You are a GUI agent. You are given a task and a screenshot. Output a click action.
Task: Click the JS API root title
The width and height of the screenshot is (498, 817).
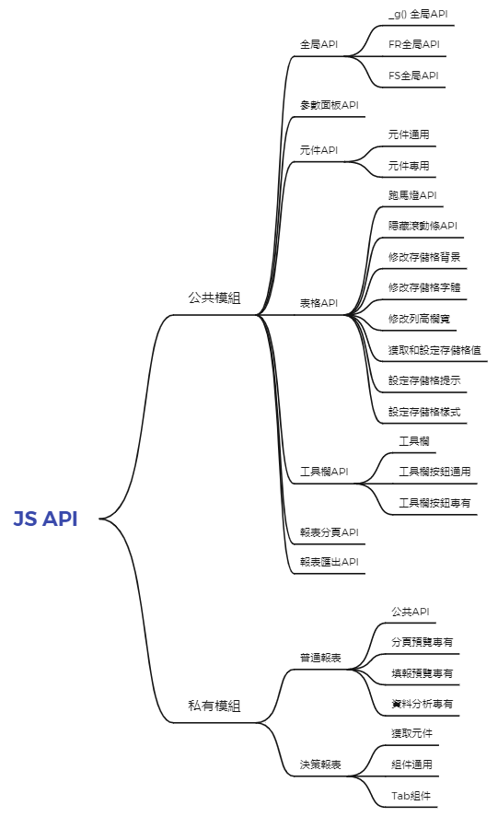(45, 519)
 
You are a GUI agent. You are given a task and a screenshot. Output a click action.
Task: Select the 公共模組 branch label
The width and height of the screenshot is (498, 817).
(214, 298)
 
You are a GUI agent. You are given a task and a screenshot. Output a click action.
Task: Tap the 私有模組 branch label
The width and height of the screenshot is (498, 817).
(214, 706)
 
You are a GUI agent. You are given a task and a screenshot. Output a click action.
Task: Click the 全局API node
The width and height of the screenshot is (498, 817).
(318, 44)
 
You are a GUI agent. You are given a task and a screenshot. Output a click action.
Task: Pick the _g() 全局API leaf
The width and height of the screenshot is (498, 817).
(418, 14)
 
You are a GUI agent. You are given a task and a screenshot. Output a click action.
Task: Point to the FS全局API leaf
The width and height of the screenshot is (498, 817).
(413, 76)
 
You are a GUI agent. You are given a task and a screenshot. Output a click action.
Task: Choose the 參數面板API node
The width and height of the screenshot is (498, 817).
(330, 105)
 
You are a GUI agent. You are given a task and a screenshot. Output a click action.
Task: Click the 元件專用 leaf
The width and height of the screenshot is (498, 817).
(409, 166)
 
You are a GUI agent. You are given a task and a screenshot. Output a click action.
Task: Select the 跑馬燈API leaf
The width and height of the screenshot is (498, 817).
(412, 195)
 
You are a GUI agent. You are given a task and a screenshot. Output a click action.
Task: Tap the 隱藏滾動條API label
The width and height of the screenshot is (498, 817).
(423, 226)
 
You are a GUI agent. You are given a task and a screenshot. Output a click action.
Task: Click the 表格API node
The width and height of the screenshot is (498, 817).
(318, 303)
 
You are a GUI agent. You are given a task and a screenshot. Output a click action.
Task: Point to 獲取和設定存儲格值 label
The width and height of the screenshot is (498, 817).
(434, 350)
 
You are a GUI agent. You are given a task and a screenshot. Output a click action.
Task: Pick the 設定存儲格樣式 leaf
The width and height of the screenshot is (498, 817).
(424, 412)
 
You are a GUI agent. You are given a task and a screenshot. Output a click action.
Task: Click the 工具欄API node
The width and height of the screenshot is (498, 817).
(324, 472)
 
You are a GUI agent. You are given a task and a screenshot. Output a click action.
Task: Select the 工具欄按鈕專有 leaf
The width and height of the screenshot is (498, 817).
(435, 503)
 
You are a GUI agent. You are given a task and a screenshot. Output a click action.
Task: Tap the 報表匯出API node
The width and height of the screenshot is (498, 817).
(330, 562)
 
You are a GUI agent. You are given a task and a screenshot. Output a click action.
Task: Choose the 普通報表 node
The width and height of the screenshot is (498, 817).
(320, 658)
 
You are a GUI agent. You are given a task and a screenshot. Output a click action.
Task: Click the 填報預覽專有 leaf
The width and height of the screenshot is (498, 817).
(423, 673)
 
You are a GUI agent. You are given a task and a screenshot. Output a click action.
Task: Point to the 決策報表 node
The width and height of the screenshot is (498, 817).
(320, 764)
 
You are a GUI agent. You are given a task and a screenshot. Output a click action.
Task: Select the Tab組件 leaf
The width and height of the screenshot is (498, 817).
(411, 796)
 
